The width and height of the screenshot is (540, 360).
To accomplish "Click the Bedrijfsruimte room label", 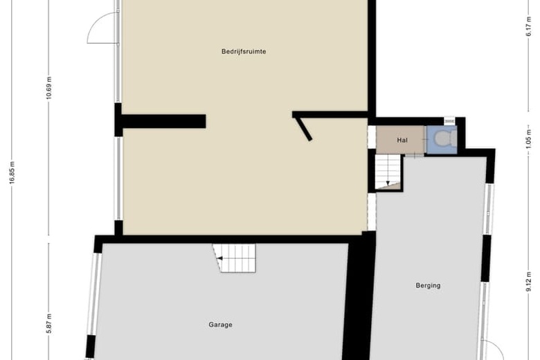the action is coord(244,52).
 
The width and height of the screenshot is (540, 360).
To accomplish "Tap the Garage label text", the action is coord(220,325).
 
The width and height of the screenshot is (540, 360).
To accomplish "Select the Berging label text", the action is coord(428,285).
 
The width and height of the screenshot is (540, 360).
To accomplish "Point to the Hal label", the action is coord(402,141).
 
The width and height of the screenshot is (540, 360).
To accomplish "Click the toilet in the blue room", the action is coord(446,138).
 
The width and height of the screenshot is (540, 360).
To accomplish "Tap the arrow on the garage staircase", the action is coord(219,258).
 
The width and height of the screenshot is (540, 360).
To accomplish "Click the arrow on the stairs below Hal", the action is coord(388,183).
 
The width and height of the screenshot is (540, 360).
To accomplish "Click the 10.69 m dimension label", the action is coord(49,87).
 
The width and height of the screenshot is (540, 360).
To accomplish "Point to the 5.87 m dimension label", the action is coord(49,323).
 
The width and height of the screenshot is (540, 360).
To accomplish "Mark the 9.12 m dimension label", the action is coord(529,282).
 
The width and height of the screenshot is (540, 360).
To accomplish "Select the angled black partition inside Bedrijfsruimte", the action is coord(303,129).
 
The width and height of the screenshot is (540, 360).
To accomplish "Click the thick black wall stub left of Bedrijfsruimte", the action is coord(161,121).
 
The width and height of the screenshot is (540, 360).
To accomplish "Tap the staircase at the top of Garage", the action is coord(234,258).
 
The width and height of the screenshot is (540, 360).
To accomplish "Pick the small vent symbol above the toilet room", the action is coord(449,121).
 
